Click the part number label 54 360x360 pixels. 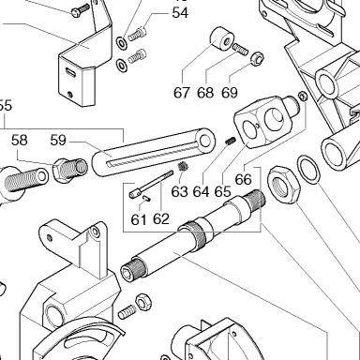coord(180,13)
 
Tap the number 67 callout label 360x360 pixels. coord(182,93)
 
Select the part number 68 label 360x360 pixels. coord(205,93)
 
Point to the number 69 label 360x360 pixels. coord(230,93)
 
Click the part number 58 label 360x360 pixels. coord(20,141)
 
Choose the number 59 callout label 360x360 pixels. coord(58,141)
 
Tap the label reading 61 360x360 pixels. coord(139,220)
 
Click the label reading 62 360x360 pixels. coord(161,219)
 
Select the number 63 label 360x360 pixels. coord(180,191)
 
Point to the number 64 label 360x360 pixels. coord(201,191)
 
